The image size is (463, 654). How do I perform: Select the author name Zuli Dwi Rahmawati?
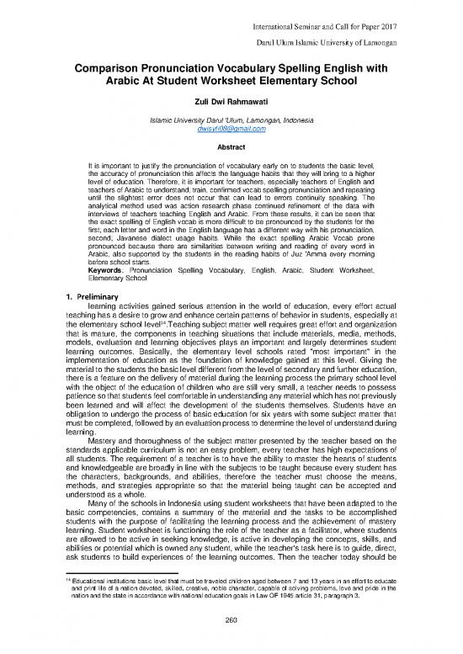tap(232, 105)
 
